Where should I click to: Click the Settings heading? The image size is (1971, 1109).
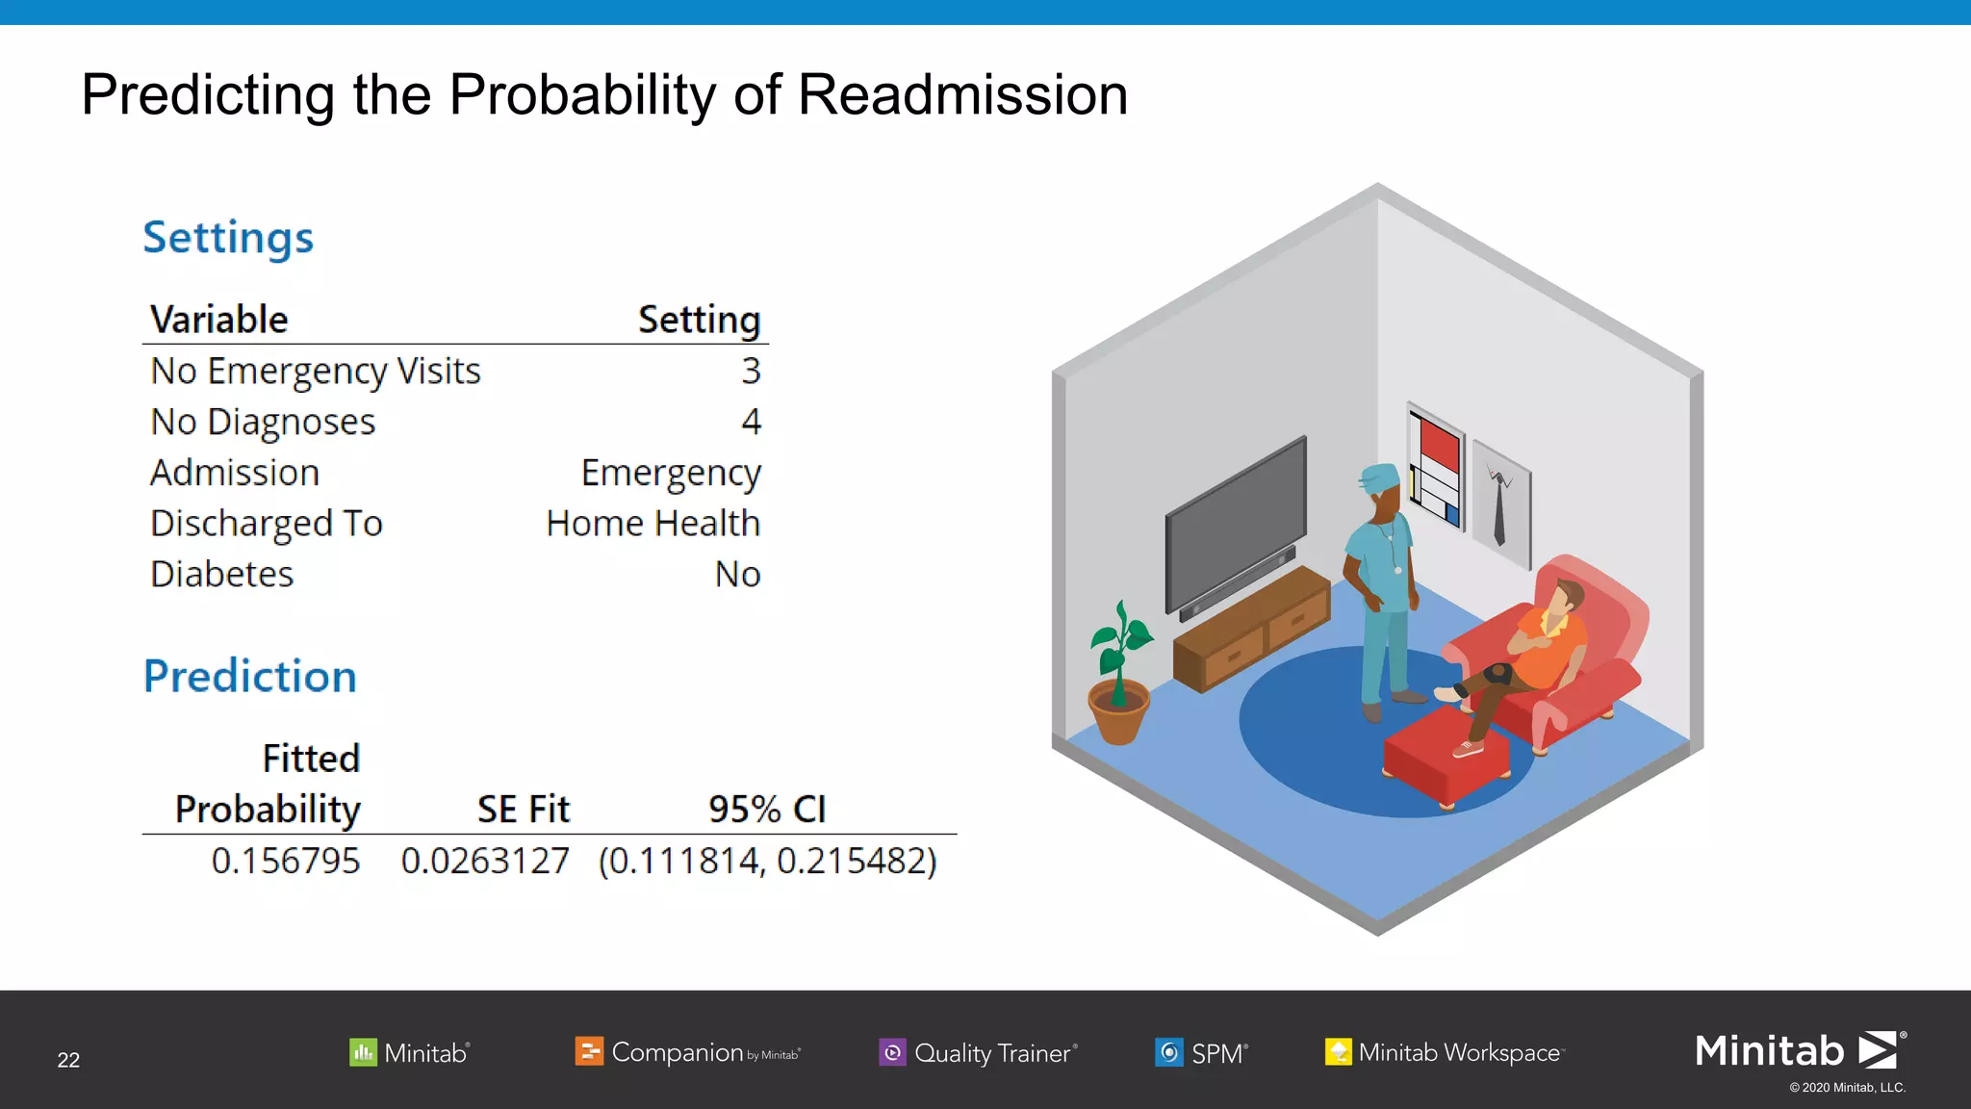[228, 238]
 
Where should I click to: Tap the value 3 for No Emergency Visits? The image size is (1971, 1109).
[751, 372]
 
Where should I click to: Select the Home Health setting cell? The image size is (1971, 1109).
[653, 524]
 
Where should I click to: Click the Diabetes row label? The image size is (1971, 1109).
[222, 575]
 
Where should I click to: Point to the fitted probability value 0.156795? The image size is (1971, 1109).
[285, 861]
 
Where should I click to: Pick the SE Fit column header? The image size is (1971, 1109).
[524, 810]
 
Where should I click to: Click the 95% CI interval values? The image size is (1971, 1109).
[767, 861]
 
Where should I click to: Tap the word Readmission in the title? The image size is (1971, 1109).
[962, 95]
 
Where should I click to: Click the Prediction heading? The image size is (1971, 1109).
[250, 677]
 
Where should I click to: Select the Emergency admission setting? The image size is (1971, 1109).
[671, 474]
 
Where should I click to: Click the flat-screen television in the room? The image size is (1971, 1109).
[1235, 525]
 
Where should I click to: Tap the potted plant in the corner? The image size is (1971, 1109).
[1119, 679]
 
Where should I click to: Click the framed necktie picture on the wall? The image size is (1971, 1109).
[1500, 503]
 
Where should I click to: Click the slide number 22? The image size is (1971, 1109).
[68, 1060]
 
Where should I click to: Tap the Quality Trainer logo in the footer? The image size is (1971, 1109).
[979, 1053]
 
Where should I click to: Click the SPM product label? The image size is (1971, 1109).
[1203, 1053]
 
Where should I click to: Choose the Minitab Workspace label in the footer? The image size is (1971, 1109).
[1446, 1053]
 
